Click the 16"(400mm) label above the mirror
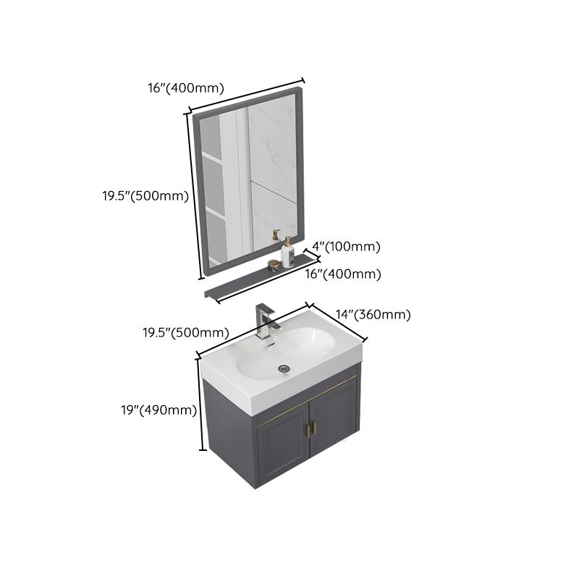point(186,88)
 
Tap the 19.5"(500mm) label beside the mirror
point(145,195)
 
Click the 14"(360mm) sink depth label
point(373,314)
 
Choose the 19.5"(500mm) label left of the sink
point(185,333)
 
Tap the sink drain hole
point(284,368)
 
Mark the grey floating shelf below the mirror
point(261,279)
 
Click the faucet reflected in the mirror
point(275,234)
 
